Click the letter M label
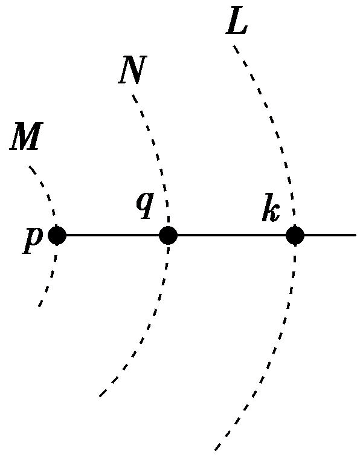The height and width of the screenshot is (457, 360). click(x=26, y=136)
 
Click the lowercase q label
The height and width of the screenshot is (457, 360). click(x=145, y=206)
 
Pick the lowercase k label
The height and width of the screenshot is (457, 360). click(x=271, y=209)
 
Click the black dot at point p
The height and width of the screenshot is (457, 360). click(x=57, y=235)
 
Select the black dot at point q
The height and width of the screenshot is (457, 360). click(x=169, y=235)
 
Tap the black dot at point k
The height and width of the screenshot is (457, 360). click(x=295, y=235)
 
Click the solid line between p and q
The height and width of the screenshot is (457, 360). click(x=113, y=235)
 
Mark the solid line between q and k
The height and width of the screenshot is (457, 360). click(x=231, y=235)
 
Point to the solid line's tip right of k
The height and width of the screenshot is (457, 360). click(x=356, y=235)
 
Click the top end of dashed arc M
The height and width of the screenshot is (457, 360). click(x=30, y=167)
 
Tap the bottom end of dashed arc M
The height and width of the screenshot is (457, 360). click(x=39, y=306)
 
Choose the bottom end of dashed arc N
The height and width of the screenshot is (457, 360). click(x=100, y=396)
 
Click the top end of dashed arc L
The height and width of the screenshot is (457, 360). click(x=233, y=46)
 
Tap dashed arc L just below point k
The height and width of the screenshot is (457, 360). click(x=294, y=256)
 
